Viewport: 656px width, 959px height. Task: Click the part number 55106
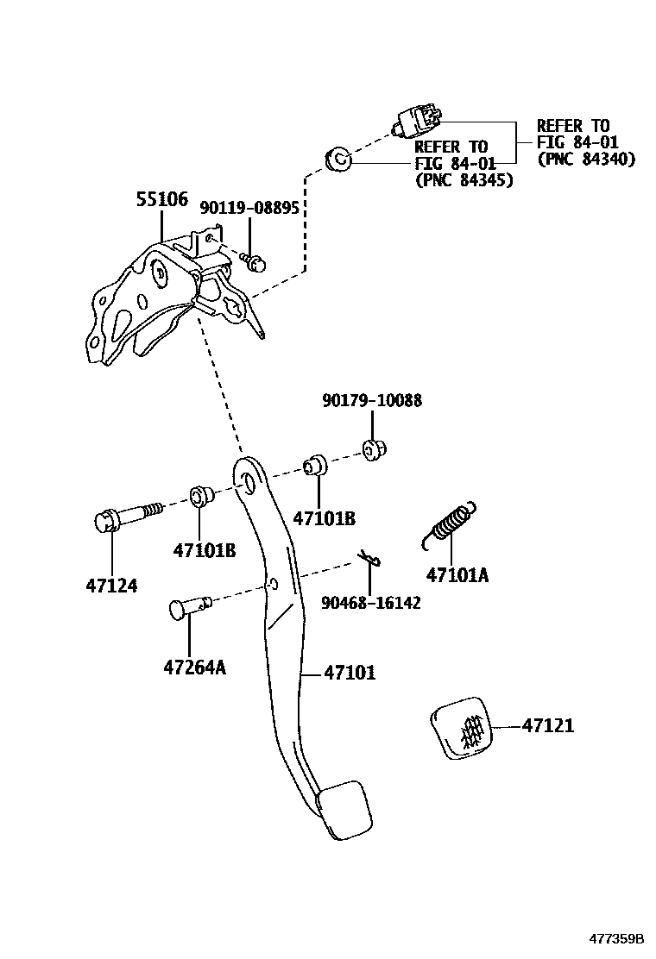click(161, 199)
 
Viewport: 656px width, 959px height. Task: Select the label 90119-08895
click(249, 209)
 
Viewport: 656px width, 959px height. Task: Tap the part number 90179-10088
click(372, 401)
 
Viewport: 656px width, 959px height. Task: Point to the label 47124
click(112, 586)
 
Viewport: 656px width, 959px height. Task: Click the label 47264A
click(194, 667)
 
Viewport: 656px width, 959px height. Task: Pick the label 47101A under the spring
click(457, 574)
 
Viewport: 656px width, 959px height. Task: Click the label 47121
click(547, 726)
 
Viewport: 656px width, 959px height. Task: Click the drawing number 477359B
click(616, 938)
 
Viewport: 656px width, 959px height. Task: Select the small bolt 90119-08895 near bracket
click(251, 260)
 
